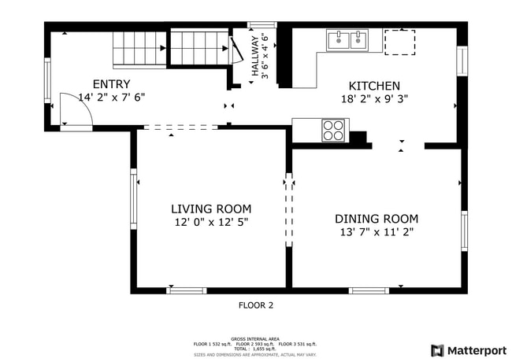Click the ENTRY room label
[x=112, y=84]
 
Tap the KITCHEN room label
[x=375, y=86]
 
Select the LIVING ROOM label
[x=211, y=209]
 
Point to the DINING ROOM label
[x=377, y=219]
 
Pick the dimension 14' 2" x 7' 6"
[x=112, y=98]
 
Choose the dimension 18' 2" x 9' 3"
[x=375, y=99]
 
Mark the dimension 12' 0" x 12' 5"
[x=211, y=222]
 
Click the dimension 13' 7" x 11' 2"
[x=377, y=232]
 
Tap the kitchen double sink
[x=347, y=39]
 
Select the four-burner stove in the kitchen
[x=333, y=130]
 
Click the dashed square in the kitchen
[x=399, y=42]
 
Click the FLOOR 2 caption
[x=256, y=305]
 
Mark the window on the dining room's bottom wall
[x=369, y=290]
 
